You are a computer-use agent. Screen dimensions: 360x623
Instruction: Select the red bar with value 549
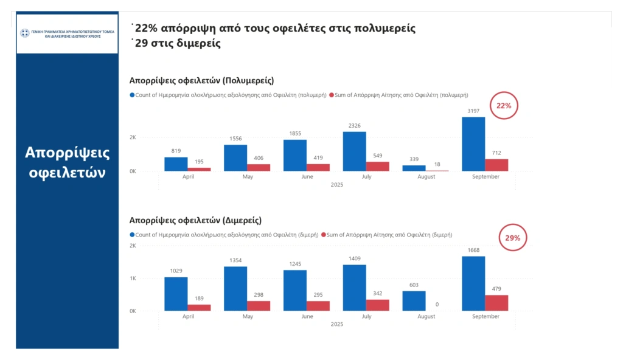377,166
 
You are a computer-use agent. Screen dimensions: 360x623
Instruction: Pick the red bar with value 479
496,303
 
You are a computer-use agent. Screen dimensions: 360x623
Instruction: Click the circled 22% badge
504,106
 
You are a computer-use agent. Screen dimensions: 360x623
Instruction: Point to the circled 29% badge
512,238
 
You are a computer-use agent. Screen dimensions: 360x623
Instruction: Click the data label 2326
354,125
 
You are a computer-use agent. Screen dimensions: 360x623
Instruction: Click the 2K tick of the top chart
133,137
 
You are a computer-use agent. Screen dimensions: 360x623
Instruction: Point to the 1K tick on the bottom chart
133,279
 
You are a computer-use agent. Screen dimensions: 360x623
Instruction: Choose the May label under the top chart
247,177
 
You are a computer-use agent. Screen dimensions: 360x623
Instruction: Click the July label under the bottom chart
366,317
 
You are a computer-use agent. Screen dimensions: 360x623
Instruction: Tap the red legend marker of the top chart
332,95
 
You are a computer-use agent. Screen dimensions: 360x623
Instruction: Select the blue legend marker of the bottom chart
132,235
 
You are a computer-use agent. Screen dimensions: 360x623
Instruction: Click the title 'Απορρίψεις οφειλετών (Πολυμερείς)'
201,80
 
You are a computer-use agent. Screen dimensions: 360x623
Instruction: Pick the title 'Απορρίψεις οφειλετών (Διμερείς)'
195,220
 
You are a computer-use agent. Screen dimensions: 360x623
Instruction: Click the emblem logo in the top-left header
25,33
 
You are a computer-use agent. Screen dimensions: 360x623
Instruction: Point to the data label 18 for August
437,164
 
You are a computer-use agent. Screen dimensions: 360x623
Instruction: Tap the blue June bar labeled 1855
294,155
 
